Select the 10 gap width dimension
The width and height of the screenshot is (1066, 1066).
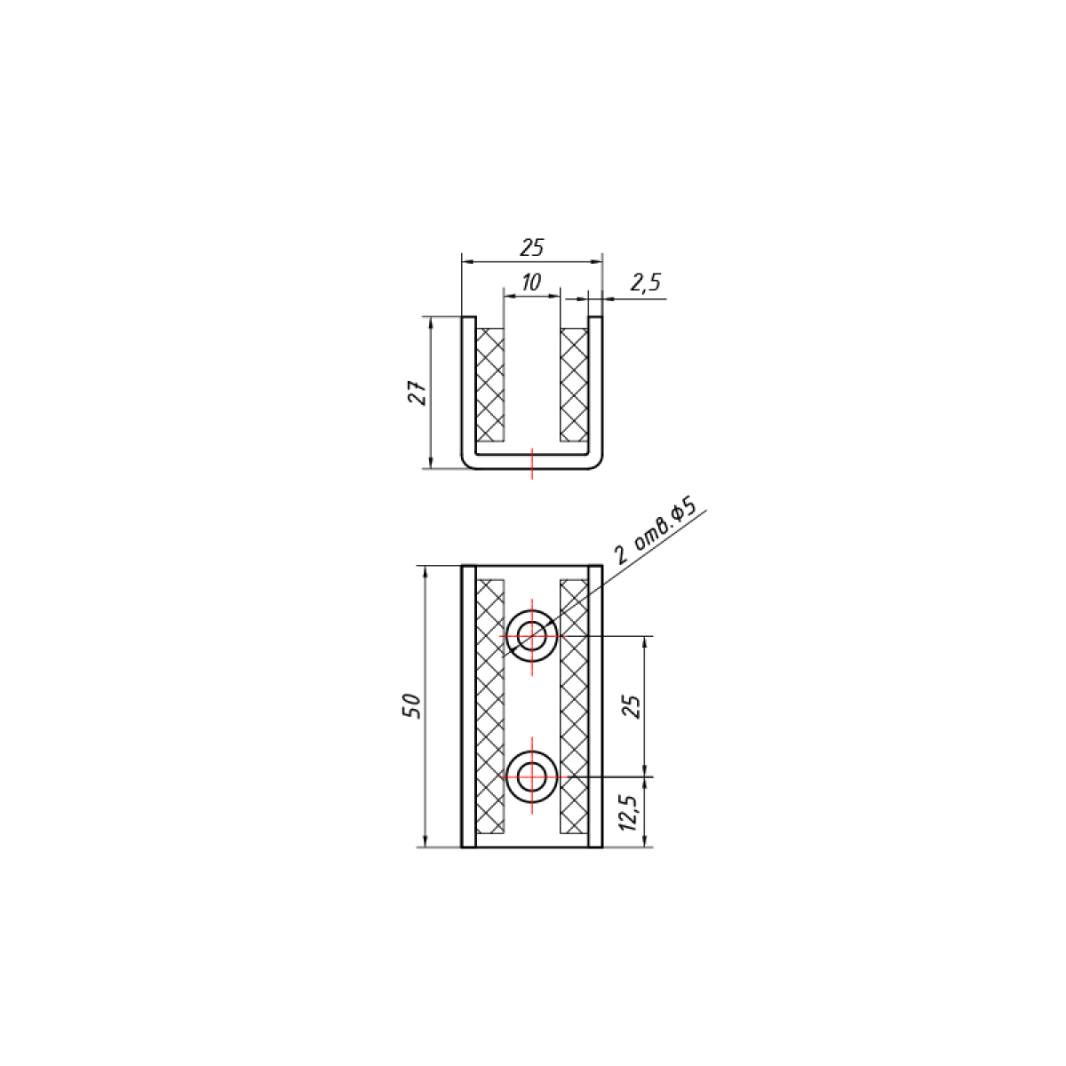531,282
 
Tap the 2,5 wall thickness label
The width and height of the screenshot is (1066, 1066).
645,282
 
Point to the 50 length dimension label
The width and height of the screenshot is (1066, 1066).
412,706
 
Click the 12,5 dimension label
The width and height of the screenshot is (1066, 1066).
630,813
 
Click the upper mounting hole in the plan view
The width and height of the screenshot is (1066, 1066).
531,637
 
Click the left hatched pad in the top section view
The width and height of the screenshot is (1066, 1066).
490,385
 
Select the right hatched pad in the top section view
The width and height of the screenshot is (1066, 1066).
574,385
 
